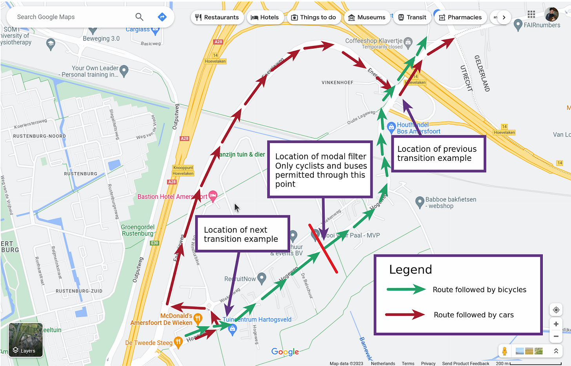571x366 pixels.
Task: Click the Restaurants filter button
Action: [217, 17]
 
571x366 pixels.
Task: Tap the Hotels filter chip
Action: [265, 17]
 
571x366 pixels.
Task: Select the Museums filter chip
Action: [367, 17]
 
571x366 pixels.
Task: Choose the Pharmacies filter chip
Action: [460, 17]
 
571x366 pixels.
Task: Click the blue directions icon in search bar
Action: [162, 17]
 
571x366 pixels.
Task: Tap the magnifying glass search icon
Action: [139, 17]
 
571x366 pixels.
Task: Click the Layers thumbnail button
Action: [26, 340]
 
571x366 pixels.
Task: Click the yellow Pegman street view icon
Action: [505, 351]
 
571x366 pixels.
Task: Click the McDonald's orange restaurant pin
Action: [198, 319]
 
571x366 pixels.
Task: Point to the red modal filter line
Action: [323, 248]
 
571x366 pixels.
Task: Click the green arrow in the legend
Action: [406, 290]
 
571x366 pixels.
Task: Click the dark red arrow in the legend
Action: [405, 314]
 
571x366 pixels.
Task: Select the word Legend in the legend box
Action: [410, 269]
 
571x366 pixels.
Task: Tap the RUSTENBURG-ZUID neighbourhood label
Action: [79, 291]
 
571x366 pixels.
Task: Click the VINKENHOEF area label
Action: [337, 82]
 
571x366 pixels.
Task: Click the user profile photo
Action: [551, 15]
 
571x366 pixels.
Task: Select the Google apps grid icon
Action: [531, 15]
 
